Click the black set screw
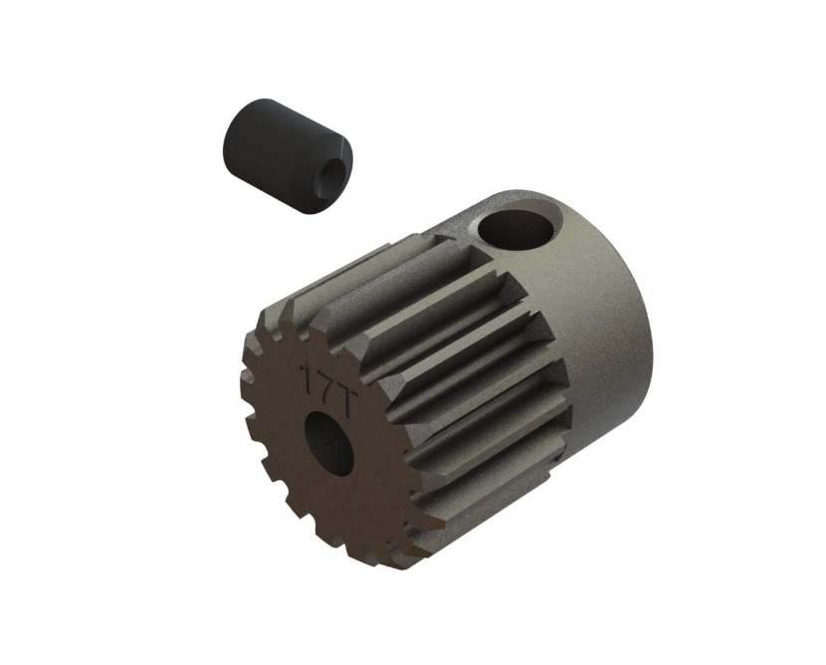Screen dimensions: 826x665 click(287, 155)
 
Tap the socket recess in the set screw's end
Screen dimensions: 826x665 click(326, 179)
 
